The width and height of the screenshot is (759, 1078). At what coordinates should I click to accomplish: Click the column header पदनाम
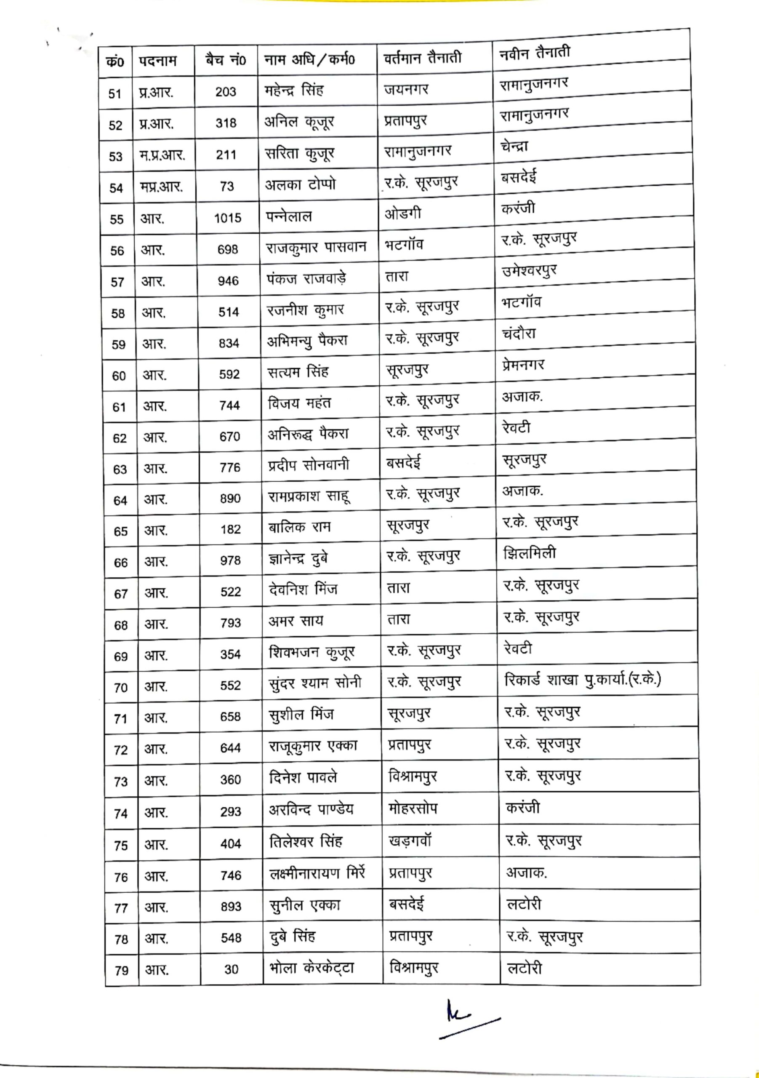pos(158,61)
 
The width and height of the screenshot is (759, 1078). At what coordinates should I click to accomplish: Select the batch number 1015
pos(228,218)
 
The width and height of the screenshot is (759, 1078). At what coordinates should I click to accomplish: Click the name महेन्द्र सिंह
pos(294,90)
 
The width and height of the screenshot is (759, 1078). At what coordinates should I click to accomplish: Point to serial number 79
pos(121,970)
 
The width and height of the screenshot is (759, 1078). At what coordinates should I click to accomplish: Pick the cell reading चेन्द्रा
pos(514,146)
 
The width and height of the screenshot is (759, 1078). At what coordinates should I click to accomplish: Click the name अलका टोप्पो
pos(301,184)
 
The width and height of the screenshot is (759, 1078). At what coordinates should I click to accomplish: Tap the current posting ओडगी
pos(403,214)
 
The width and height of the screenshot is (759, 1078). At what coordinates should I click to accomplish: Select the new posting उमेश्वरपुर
pos(530,271)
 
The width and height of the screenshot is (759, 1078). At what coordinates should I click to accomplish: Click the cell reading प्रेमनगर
pos(523,365)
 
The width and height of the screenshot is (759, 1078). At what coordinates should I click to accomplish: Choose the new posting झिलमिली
pos(530,553)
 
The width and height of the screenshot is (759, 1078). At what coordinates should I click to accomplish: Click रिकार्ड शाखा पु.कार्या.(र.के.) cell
pos(582,680)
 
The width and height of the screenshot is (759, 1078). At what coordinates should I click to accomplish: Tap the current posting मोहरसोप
pos(413,808)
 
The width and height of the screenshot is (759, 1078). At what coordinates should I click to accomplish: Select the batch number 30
pos(231,969)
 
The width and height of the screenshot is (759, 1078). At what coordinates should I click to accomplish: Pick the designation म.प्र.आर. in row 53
pos(162,155)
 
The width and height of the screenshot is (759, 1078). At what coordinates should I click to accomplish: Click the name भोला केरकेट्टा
pos(312,968)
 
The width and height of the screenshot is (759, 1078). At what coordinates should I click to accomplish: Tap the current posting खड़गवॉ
pos(410,841)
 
